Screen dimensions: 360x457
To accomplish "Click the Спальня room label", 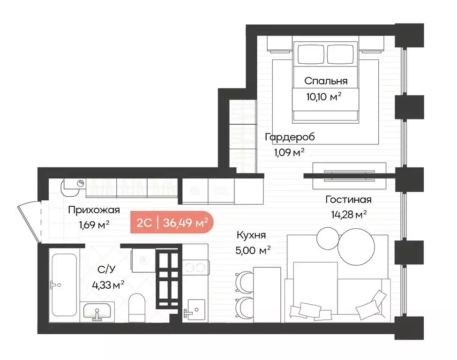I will pos(326,81).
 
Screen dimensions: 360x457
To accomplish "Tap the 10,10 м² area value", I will pos(322,97).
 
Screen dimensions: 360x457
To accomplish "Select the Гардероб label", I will pos(290,137).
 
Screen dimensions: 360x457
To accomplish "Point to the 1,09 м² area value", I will pos(289,152).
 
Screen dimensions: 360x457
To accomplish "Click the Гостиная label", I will pos(348,200).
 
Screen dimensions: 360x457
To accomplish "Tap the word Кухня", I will pos(251,235).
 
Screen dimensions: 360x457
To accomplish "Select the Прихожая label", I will pos(94,210).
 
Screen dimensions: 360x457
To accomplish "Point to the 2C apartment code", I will pos(143,223).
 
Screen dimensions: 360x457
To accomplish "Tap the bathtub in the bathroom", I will pos(64,285).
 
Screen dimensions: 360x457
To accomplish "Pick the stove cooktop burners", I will pos(195,268).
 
